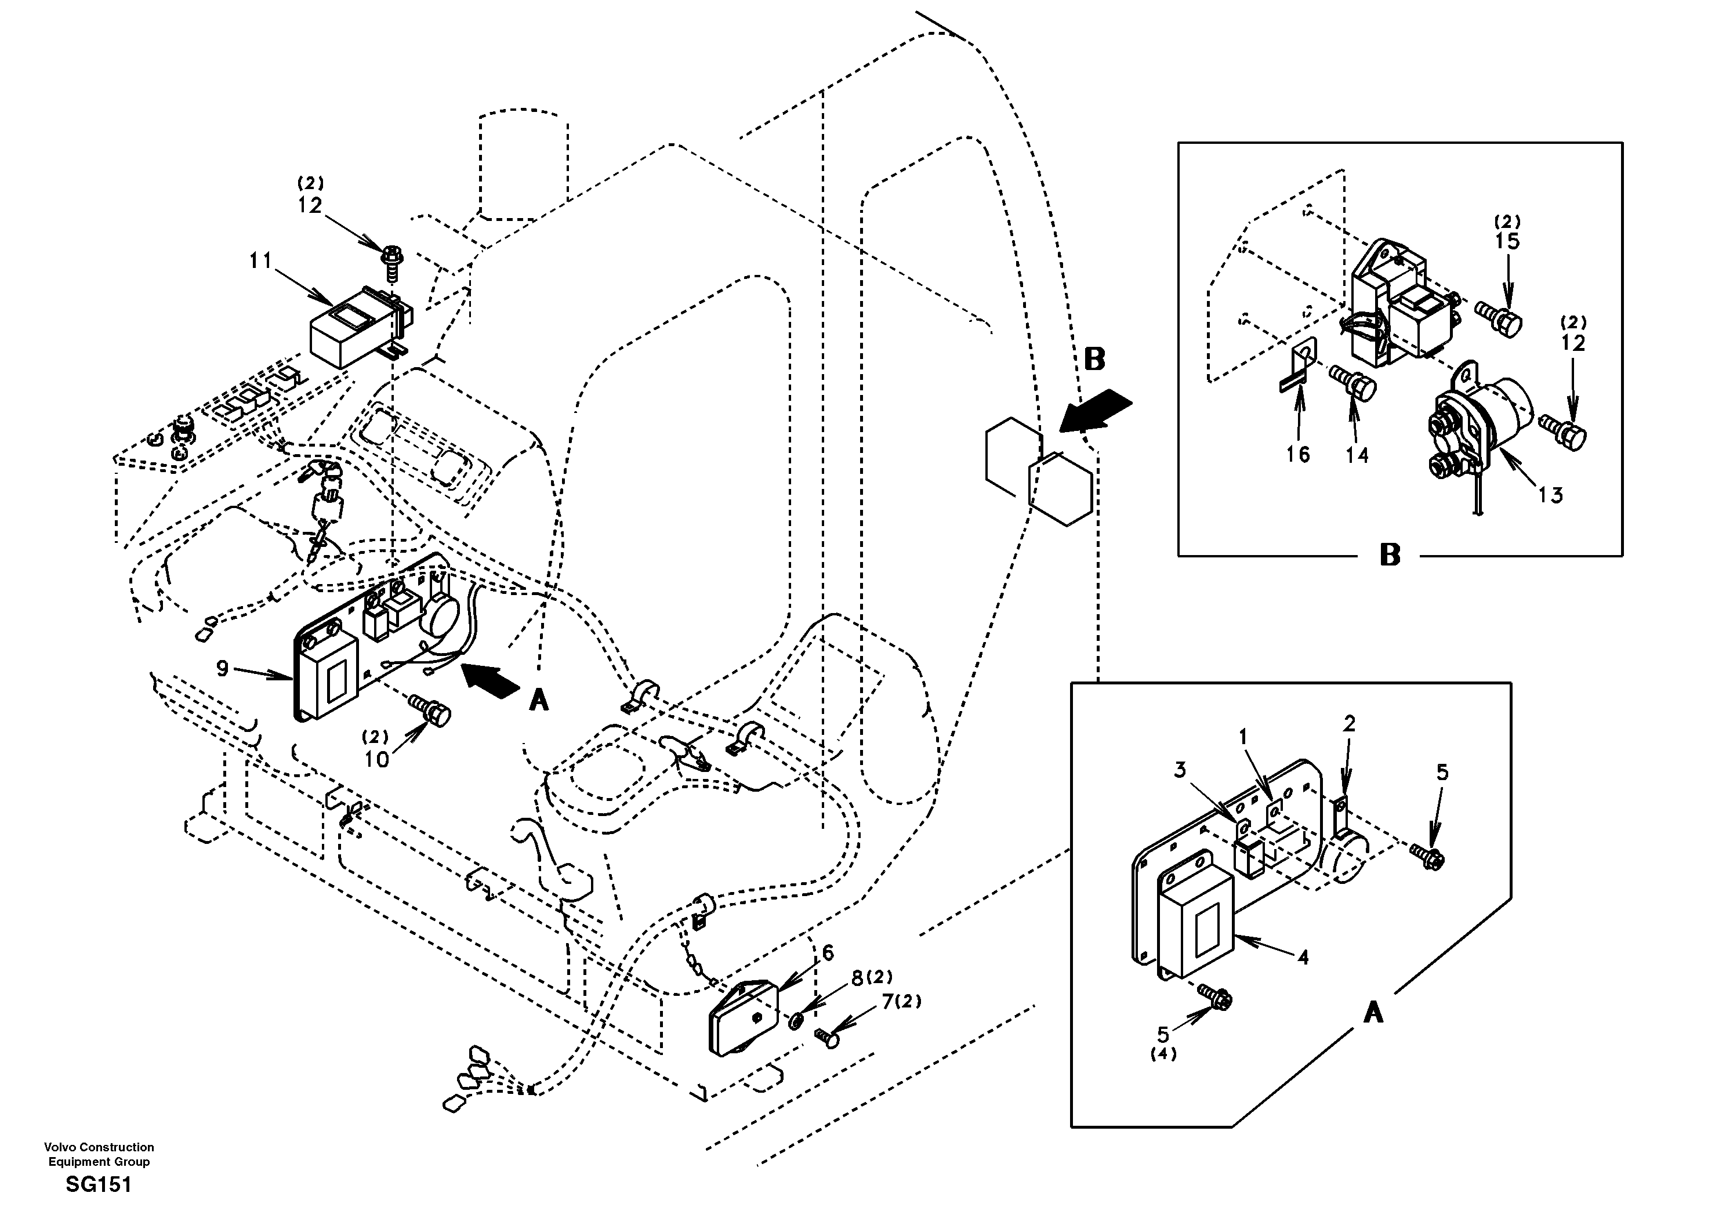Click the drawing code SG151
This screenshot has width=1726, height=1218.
tap(99, 1185)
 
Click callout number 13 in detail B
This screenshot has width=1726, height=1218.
tap(1550, 495)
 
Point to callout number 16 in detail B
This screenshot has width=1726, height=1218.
tap(1297, 454)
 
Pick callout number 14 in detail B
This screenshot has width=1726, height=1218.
tap(1357, 455)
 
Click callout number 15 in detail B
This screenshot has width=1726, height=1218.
tap(1507, 241)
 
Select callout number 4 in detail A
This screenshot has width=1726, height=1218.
tap(1303, 957)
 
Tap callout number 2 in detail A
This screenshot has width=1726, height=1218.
tap(1348, 723)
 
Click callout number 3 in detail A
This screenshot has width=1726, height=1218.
tap(1180, 769)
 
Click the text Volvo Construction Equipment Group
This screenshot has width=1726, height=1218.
tap(99, 1154)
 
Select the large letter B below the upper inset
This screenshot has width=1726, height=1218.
tap(1390, 556)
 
